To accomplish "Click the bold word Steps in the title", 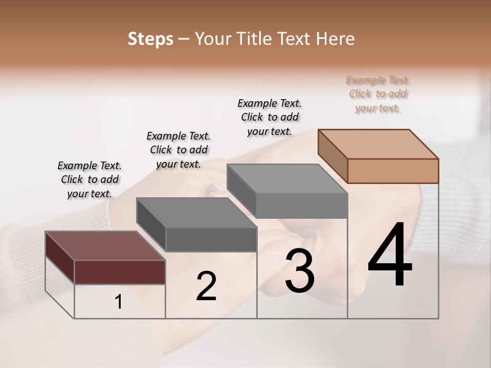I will (150, 39).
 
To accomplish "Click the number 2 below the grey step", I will (206, 286).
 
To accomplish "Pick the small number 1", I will (119, 302).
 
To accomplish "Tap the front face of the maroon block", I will (120, 272).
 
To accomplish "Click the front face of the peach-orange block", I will (393, 171).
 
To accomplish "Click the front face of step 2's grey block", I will (211, 239).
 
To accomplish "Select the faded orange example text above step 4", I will (378, 94).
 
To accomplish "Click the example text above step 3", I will (270, 117).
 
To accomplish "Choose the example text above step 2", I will (178, 150).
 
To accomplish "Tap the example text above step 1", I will (90, 179).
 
